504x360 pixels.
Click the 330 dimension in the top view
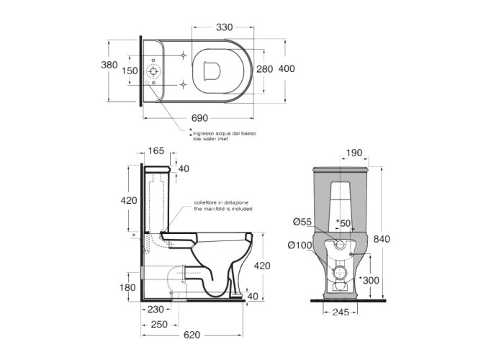[224, 27]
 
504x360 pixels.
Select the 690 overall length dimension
[199, 118]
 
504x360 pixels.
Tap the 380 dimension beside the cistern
[109, 65]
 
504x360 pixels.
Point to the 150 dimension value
[130, 71]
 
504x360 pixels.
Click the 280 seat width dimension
[264, 69]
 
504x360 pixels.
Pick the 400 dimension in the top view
[287, 68]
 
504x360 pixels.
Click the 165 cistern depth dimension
[156, 150]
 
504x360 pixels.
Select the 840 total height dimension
[382, 239]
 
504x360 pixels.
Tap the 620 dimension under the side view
[192, 335]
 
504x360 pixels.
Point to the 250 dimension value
[159, 325]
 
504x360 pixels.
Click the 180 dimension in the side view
[127, 287]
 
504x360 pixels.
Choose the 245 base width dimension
[341, 312]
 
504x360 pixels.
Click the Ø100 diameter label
[300, 246]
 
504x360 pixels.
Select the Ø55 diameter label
[302, 222]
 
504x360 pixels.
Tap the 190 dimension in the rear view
[354, 153]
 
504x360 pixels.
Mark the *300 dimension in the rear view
[369, 280]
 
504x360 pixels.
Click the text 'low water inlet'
[210, 139]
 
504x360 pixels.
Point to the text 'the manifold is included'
[223, 209]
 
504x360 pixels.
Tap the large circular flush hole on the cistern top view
[153, 71]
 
